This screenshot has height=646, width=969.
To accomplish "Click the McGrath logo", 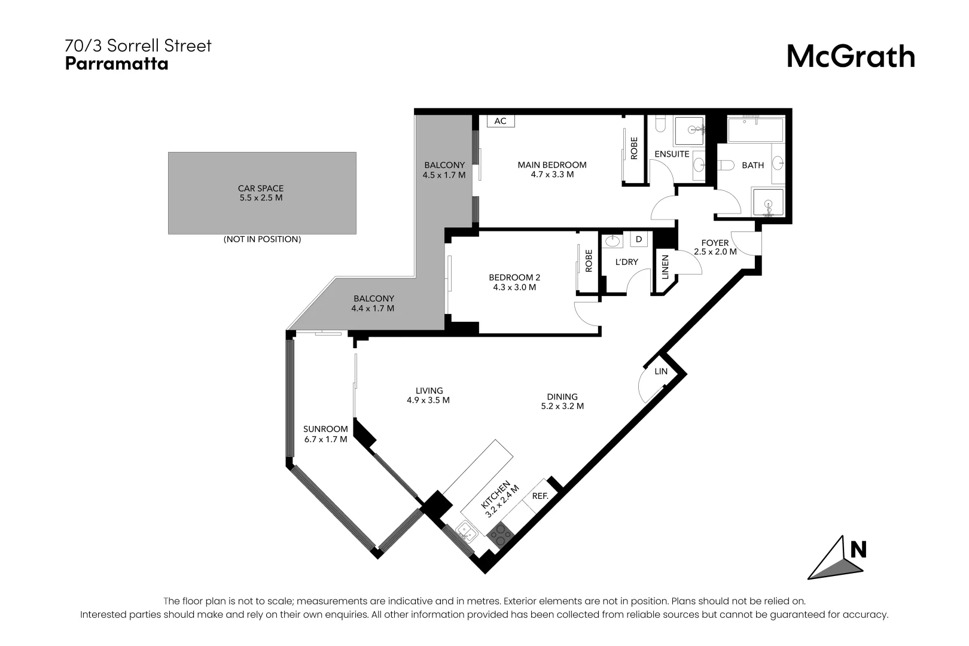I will [x=850, y=57].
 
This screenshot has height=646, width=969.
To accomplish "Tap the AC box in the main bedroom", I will [x=500, y=121].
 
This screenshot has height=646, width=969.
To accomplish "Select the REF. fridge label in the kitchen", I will [x=540, y=496].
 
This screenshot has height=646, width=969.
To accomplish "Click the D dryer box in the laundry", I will [x=639, y=239].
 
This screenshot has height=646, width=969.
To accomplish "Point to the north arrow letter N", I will [x=858, y=549].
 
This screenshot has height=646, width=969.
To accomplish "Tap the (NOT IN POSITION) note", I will [x=262, y=239].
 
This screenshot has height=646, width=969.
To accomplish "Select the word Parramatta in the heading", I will [x=117, y=64].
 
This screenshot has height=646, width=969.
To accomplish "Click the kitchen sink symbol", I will [x=466, y=531].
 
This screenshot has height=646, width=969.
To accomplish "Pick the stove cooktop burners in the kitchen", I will [x=500, y=533].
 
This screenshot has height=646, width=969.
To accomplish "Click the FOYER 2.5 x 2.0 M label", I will [x=715, y=247].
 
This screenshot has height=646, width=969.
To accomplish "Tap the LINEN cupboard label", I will [x=665, y=267].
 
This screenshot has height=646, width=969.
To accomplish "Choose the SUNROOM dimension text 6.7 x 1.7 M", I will [x=325, y=439].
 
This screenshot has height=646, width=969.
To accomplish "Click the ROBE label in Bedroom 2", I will [x=589, y=261].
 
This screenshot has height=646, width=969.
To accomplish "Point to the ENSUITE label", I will [x=672, y=154].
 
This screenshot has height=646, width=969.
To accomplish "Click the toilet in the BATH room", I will [x=725, y=165].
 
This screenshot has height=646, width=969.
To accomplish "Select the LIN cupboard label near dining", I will [x=660, y=371].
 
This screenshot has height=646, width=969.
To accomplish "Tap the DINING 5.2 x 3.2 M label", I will [x=562, y=401].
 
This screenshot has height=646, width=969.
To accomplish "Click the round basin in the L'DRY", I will [x=613, y=241].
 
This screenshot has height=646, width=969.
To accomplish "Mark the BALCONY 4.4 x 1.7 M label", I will [x=373, y=303].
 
